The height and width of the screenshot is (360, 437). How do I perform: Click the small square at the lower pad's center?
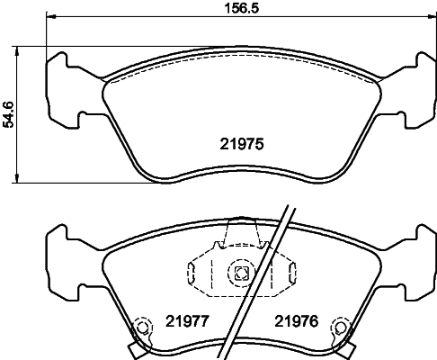240,274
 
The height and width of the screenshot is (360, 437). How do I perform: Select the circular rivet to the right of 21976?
340,328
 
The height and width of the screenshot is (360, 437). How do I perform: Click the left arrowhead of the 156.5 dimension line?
49,17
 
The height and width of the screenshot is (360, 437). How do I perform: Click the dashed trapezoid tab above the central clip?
240,232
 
